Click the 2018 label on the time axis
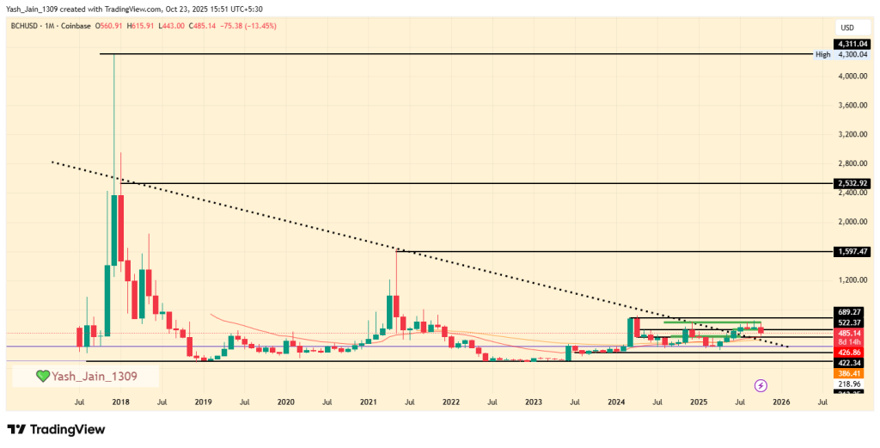119,402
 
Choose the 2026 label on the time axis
780,402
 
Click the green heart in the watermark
42,377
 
